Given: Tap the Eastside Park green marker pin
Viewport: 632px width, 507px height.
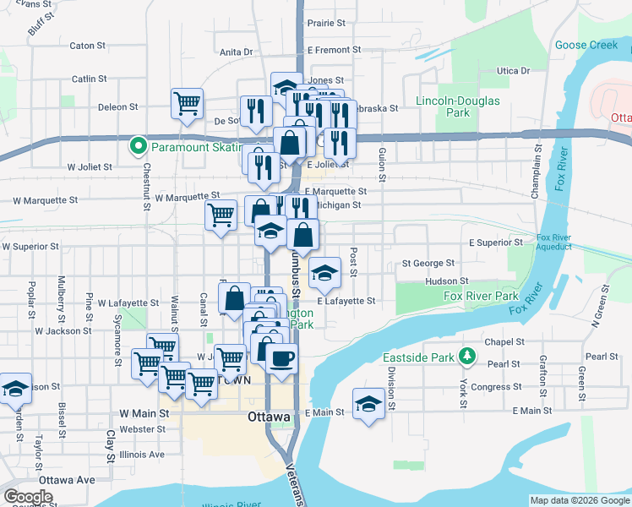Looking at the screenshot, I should tap(464, 355).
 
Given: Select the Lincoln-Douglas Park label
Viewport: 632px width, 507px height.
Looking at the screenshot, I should tap(458, 106).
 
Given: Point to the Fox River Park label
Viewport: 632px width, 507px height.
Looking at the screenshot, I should tap(481, 296).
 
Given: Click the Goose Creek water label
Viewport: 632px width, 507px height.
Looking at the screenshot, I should tap(586, 45).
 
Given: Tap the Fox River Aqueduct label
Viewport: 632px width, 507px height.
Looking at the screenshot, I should tap(542, 242).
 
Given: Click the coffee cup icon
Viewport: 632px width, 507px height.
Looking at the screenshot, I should tap(281, 357).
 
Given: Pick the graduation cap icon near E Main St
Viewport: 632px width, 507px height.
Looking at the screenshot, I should tap(369, 402).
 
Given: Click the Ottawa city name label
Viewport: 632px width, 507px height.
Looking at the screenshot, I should tap(270, 417).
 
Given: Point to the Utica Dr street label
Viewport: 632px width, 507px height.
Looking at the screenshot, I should tap(512, 70).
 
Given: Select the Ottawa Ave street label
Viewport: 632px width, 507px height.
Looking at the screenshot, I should tap(67, 479).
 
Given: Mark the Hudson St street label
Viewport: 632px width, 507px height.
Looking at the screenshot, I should tap(447, 281).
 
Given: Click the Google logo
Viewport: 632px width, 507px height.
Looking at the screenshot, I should tap(28, 497).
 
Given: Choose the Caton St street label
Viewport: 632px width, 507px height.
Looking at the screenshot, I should tap(88, 46).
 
